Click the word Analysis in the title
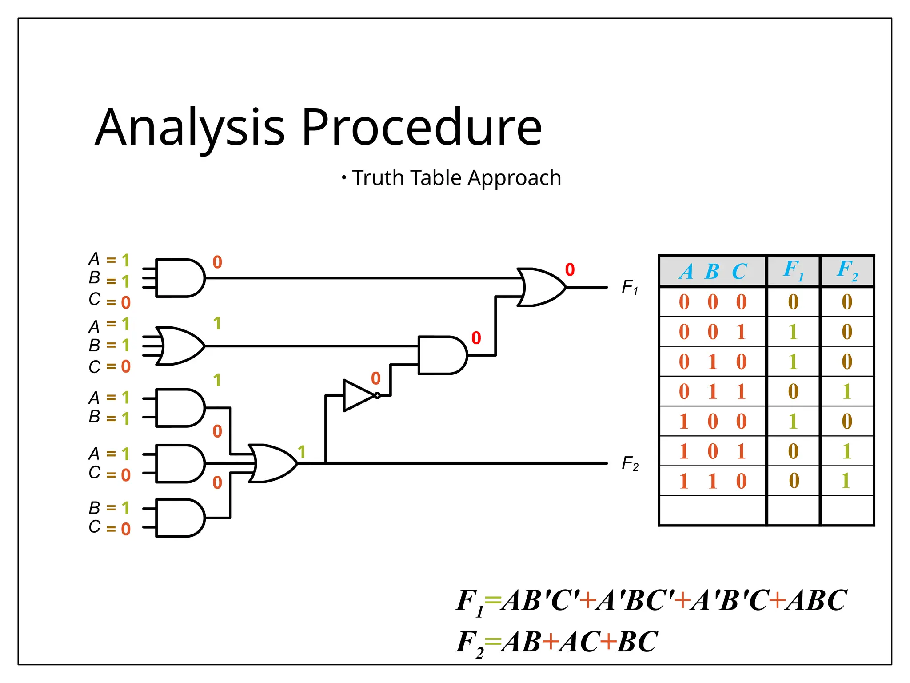(190, 128)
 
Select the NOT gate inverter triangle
(359, 395)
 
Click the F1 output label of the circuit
(630, 287)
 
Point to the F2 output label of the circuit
(630, 463)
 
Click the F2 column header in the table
(847, 270)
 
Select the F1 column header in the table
(793, 270)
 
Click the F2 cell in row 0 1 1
(847, 391)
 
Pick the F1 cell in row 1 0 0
(793, 421)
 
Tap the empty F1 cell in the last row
(793, 510)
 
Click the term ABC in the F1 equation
(815, 600)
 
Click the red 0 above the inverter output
(376, 379)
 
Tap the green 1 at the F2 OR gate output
(302, 452)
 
